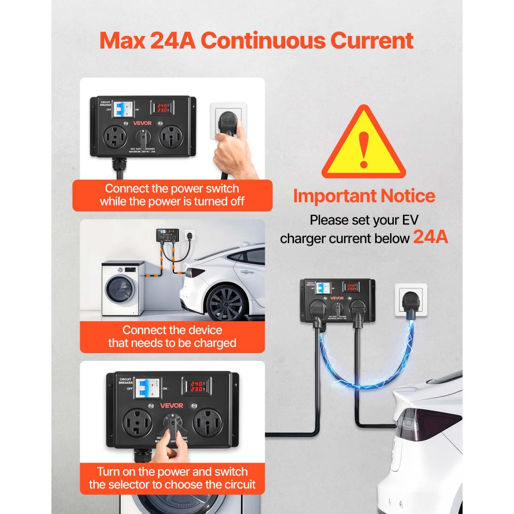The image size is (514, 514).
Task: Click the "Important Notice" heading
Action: click(364, 196)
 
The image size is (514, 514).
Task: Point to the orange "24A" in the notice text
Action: click(431, 237)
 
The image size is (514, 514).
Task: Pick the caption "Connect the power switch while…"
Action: click(172, 195)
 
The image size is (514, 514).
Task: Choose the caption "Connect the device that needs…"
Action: click(172, 337)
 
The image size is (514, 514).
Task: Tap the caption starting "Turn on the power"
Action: click(172, 478)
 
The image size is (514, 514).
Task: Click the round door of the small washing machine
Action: click(120, 289)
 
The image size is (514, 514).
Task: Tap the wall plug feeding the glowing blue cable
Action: click(412, 301)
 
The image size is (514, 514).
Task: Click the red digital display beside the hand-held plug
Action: click(162, 108)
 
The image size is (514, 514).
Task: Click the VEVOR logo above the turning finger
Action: click(171, 405)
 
